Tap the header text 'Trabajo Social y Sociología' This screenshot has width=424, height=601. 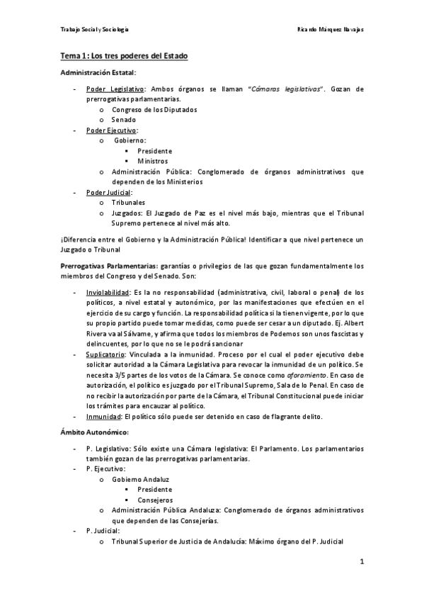click(x=94, y=30)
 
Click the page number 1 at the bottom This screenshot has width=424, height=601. click(x=361, y=562)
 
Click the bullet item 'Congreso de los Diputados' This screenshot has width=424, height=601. click(x=154, y=110)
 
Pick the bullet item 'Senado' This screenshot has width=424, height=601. click(x=124, y=120)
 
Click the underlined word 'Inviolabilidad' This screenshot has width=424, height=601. click(x=108, y=292)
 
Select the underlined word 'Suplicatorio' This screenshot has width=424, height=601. click(x=105, y=354)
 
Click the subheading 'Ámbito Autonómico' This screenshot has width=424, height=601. click(x=94, y=432)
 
